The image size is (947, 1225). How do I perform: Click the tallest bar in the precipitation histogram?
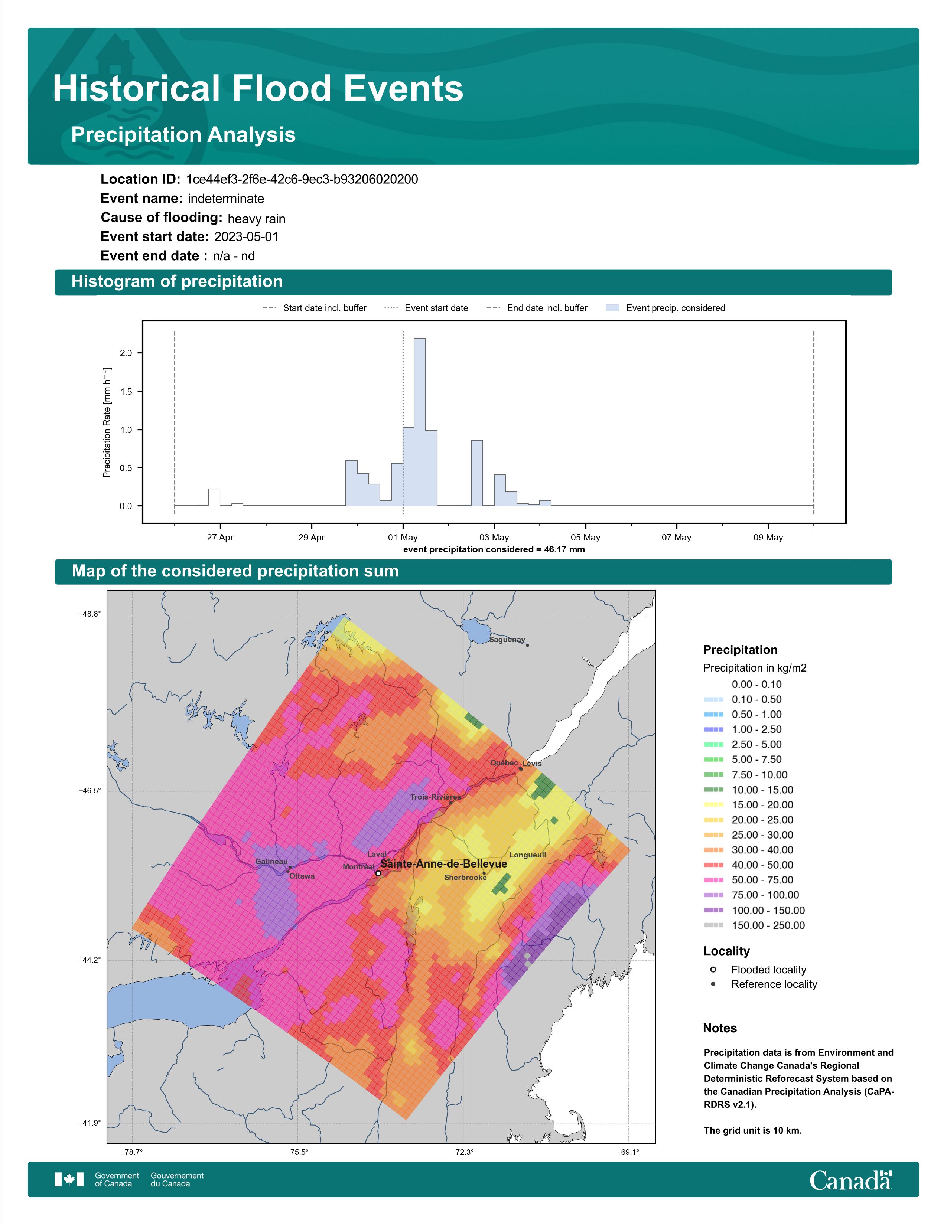(x=420, y=422)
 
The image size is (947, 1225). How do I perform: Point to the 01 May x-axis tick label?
(x=403, y=538)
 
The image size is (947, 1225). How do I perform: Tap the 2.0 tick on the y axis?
(x=126, y=353)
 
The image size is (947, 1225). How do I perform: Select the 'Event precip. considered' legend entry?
(x=665, y=308)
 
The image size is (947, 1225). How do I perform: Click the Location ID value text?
(x=302, y=180)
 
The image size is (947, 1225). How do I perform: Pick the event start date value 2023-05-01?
(x=246, y=237)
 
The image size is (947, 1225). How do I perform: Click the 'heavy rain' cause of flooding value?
(x=256, y=219)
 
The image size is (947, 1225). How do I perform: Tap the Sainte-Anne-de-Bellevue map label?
(x=444, y=864)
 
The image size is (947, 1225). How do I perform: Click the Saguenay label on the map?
(x=507, y=640)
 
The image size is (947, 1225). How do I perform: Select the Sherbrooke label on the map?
(x=465, y=877)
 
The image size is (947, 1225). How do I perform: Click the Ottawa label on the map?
(x=302, y=876)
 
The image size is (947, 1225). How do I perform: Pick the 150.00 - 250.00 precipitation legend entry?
(x=754, y=925)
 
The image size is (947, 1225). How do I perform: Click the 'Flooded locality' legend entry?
(x=758, y=970)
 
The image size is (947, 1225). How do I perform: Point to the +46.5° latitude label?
(x=90, y=791)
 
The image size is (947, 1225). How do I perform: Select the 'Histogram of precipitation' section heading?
(x=177, y=282)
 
